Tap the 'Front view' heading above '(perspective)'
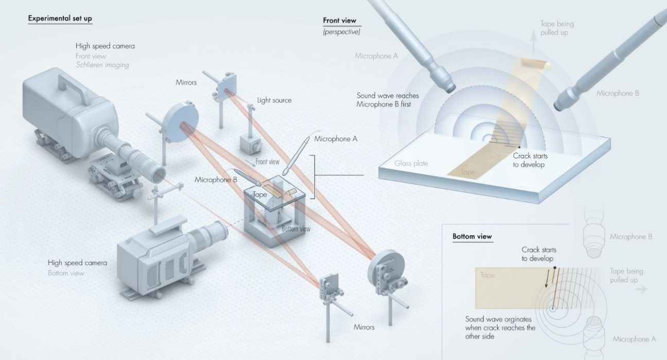tap(339, 21)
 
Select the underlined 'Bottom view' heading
tap(472, 237)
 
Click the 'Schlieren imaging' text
tap(102, 65)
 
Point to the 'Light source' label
tap(274, 100)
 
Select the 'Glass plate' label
tap(411, 164)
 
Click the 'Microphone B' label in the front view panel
tap(618, 94)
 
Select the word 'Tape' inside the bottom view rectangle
tap(487, 275)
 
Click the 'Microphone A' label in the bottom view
tap(634, 339)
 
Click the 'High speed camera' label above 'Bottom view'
tap(77, 263)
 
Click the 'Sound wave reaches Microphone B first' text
tap(387, 100)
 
